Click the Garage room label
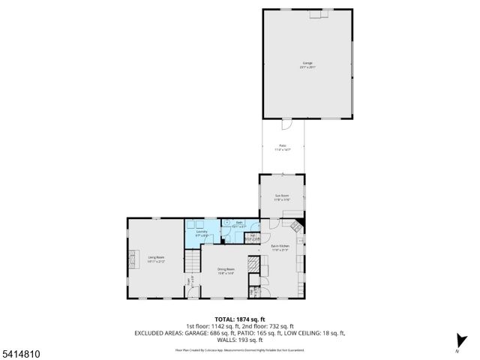[308, 64]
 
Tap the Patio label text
[282, 147]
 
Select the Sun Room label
[281, 197]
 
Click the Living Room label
[155, 259]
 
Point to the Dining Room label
[226, 271]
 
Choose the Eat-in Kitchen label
[280, 247]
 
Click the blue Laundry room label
[202, 233]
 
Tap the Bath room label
[239, 224]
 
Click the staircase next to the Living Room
[194, 263]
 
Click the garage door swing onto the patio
[286, 124]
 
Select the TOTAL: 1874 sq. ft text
[239, 319]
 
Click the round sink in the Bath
[226, 223]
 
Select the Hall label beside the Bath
[253, 238]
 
